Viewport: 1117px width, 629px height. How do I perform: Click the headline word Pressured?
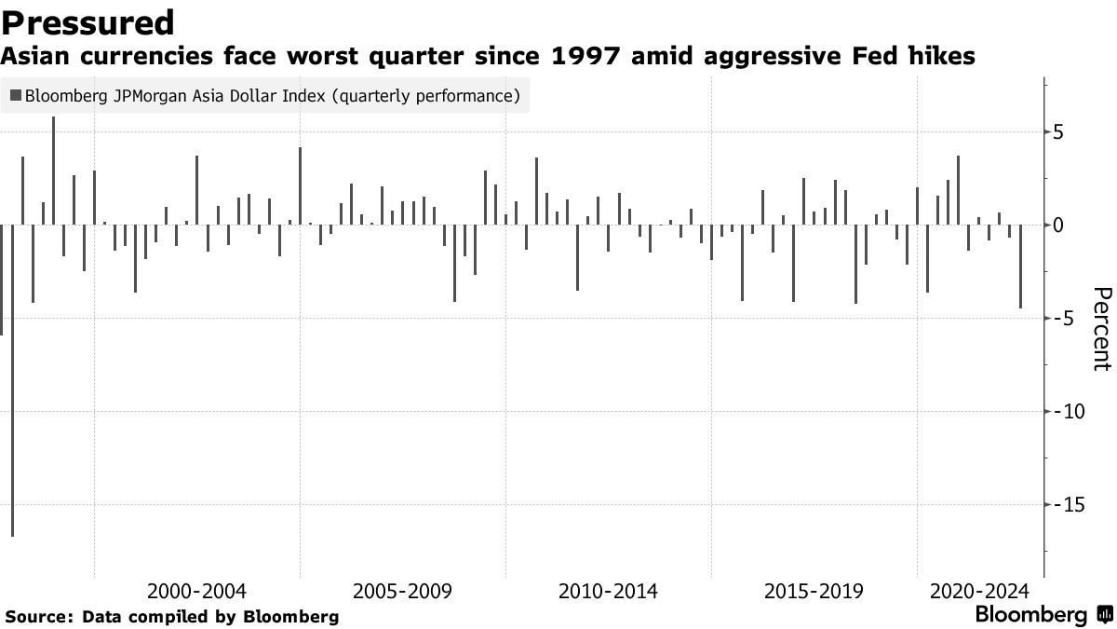87,22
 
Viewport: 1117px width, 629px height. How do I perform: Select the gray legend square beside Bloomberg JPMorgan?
15,95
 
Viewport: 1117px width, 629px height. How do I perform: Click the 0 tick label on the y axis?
1057,226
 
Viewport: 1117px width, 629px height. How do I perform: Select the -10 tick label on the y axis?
1064,412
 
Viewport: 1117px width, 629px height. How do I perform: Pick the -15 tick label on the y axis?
1064,504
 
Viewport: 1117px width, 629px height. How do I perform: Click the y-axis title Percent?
1101,329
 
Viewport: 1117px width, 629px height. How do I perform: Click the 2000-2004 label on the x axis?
196,592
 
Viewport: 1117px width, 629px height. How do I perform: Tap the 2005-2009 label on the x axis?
402,592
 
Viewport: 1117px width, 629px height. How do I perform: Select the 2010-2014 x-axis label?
608,592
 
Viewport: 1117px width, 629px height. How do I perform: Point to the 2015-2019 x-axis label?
814,592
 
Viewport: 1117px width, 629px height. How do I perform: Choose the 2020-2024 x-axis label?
979,592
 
